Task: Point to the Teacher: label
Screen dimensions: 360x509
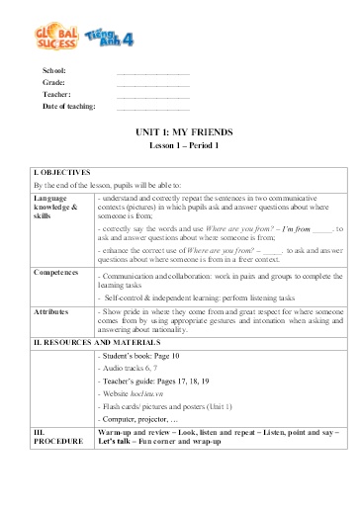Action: [56, 95]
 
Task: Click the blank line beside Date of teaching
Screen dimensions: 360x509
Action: [153, 106]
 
